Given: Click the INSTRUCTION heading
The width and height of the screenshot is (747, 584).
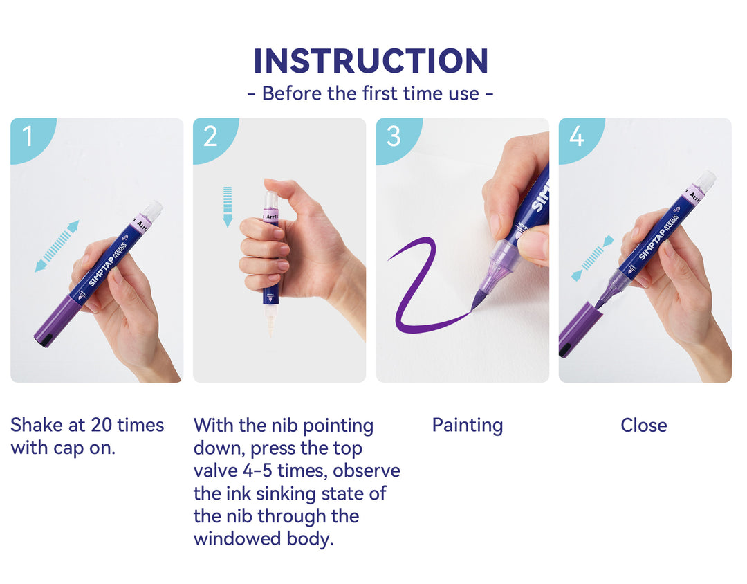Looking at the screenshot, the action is coord(371,61).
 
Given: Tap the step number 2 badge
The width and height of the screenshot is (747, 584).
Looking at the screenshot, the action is coord(212,138).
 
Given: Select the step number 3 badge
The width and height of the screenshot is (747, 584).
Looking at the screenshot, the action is coord(396,138).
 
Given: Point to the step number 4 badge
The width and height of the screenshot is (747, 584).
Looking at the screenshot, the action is coord(578,138).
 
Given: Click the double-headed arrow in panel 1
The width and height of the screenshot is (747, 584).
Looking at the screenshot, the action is coord(57,246).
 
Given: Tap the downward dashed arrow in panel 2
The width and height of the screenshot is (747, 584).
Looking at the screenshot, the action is coord(228,206).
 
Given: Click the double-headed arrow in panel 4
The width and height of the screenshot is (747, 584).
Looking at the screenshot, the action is coord(593,258).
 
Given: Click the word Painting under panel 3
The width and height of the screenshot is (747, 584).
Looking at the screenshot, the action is coord(468,426).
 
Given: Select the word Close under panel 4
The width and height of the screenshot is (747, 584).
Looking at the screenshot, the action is coord(644,426).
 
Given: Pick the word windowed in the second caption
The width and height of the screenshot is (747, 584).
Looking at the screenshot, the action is coord(237,539).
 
